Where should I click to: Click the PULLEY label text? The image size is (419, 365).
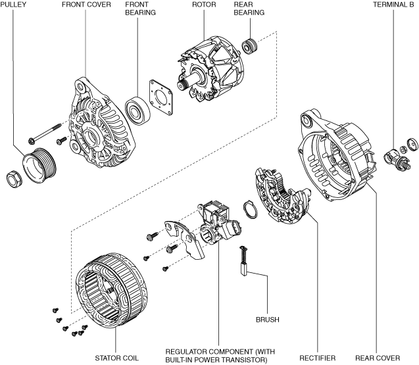(x=13, y=5)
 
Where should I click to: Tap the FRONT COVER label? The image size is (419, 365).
(x=86, y=5)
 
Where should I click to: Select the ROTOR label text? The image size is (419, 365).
(x=204, y=5)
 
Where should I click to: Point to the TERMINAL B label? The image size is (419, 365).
(x=393, y=5)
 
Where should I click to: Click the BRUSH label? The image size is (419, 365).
(x=268, y=320)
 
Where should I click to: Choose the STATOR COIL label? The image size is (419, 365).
(x=117, y=358)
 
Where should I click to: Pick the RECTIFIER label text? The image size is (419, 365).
(x=318, y=358)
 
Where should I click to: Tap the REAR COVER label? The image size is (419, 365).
(x=378, y=358)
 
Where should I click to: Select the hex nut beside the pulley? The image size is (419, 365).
(x=14, y=178)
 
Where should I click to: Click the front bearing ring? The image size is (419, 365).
(x=137, y=109)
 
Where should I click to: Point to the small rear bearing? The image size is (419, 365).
(x=250, y=46)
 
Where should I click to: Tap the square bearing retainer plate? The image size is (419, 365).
(x=161, y=97)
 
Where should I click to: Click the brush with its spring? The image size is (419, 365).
(x=244, y=260)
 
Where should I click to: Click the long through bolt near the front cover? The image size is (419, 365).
(x=45, y=133)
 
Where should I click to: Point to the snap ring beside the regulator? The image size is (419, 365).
(x=250, y=209)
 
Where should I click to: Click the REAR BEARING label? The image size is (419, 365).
(x=249, y=9)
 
